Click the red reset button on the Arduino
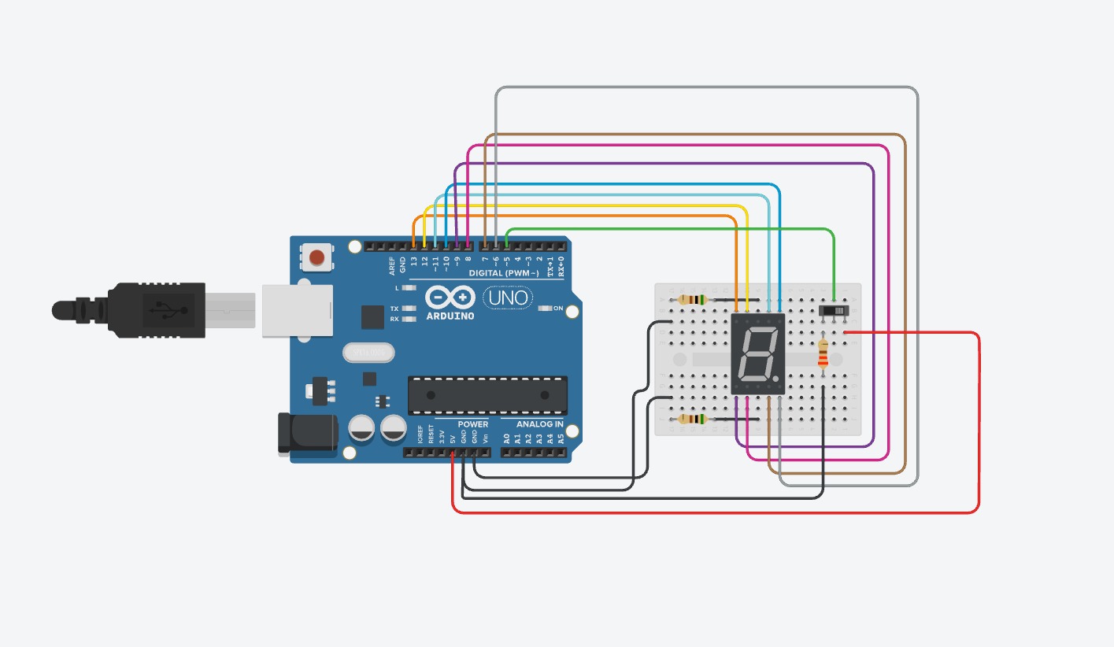(317, 257)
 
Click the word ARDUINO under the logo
(450, 316)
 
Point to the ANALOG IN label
(539, 424)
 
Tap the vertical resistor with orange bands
(823, 354)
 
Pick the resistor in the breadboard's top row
(692, 300)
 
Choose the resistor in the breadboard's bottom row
(692, 420)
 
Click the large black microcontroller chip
(487, 395)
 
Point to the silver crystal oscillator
(368, 353)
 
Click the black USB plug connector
(157, 310)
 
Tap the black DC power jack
(307, 434)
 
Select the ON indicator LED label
(558, 309)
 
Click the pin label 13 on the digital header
(414, 259)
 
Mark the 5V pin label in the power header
(453, 438)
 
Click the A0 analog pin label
(506, 438)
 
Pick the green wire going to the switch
(669, 230)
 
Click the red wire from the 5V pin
(709, 512)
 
